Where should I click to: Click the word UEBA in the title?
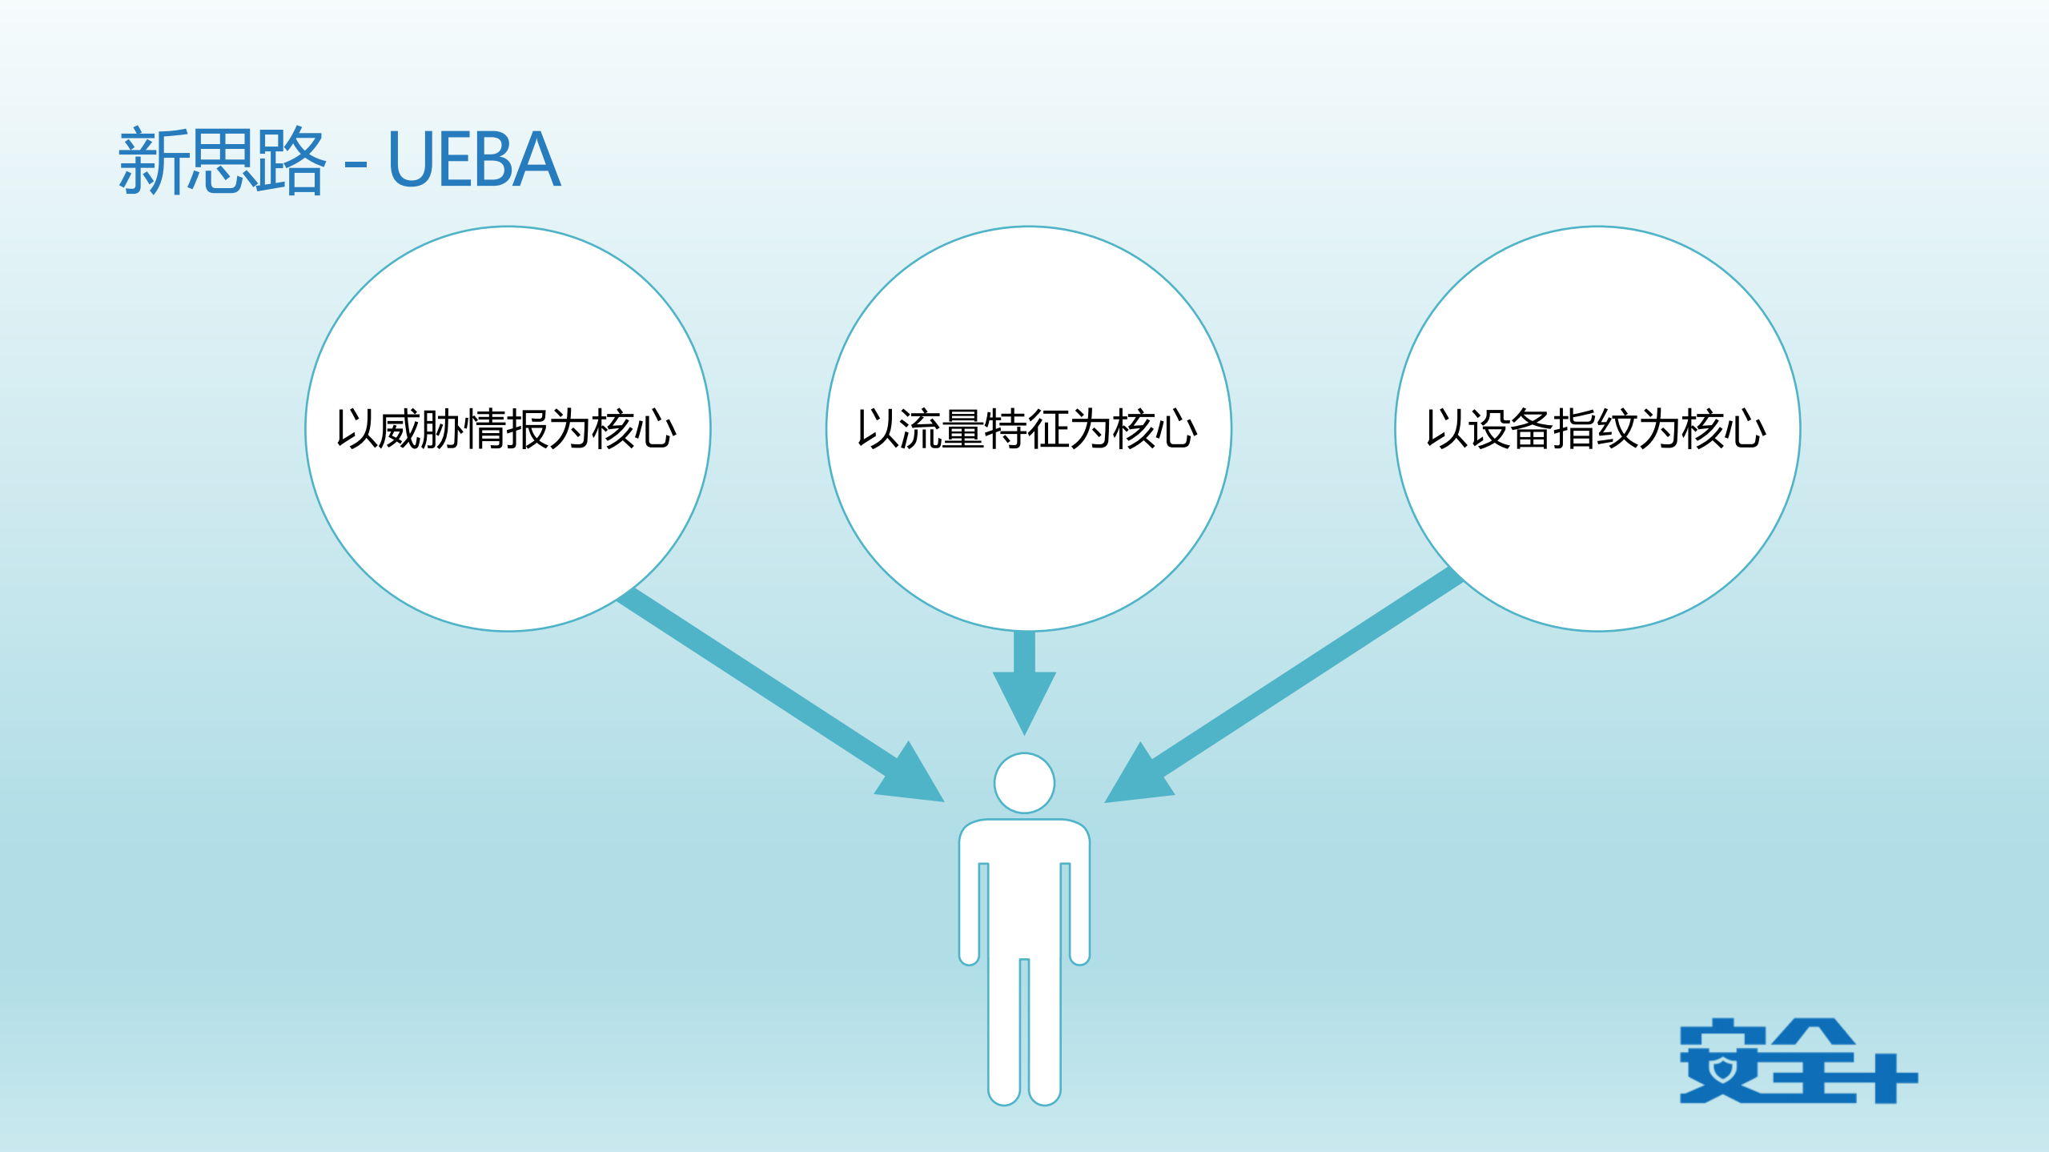(473, 160)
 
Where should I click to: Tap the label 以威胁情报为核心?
(506, 429)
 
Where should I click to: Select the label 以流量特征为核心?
(1027, 429)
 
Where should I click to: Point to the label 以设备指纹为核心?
(1596, 429)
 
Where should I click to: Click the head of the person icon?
(1024, 783)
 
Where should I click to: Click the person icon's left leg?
(1004, 1033)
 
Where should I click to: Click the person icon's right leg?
(1045, 1033)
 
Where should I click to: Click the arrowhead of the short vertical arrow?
(1024, 696)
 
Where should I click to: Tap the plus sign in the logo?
(1886, 1077)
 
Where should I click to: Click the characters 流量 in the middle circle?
(942, 429)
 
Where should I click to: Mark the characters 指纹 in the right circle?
(1596, 429)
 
